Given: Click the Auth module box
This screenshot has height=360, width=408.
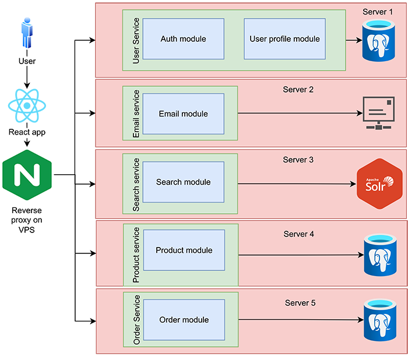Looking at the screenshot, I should pyautogui.click(x=183, y=39).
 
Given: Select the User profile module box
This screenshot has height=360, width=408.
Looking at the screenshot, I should pyautogui.click(x=284, y=39).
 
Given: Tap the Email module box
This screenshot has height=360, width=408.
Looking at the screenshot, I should pyautogui.click(x=183, y=114).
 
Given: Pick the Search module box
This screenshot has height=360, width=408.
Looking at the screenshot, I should pyautogui.click(x=183, y=182).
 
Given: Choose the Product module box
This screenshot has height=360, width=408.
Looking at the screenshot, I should pyautogui.click(x=184, y=250).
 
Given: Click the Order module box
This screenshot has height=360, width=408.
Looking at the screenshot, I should pyautogui.click(x=184, y=319).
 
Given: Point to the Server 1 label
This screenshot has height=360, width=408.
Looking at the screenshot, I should pyautogui.click(x=378, y=12).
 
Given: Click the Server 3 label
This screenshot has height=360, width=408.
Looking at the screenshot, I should pyautogui.click(x=298, y=160).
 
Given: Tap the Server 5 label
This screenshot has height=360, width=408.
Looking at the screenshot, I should pyautogui.click(x=300, y=303).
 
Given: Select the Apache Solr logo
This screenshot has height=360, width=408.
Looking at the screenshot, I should pyautogui.click(x=379, y=183).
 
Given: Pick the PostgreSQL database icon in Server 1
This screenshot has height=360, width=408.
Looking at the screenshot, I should pyautogui.click(x=379, y=41).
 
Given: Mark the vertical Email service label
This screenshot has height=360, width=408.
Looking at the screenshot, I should pyautogui.click(x=136, y=114).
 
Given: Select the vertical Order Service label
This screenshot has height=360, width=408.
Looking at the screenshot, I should pyautogui.click(x=137, y=319).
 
